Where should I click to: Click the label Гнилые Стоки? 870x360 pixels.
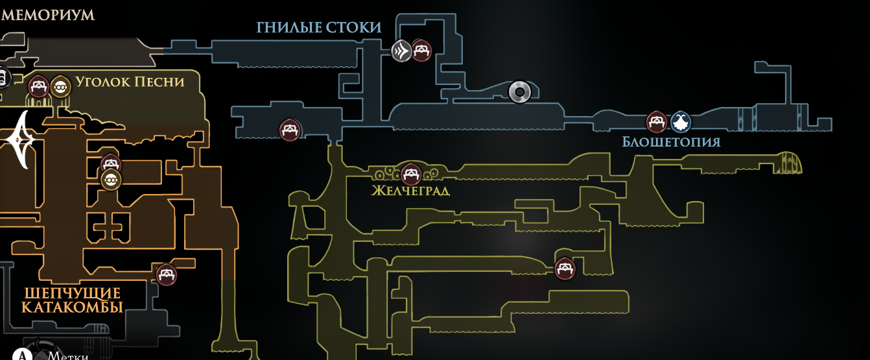tap(318, 27)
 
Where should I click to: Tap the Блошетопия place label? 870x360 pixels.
tap(671, 141)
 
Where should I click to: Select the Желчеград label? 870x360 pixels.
tap(410, 191)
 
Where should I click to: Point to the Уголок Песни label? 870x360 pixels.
tap(130, 82)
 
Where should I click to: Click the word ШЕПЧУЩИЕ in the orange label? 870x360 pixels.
tap(73, 292)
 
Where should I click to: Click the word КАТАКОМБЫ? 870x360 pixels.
tap(73, 307)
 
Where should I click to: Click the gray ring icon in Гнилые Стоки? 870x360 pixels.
tap(519, 92)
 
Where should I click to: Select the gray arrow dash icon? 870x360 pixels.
tap(401, 50)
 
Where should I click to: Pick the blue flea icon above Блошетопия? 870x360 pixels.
tap(680, 121)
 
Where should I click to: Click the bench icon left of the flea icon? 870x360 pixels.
tap(657, 121)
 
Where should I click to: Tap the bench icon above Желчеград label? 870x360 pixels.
tap(411, 174)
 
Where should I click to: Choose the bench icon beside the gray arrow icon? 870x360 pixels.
tap(421, 50)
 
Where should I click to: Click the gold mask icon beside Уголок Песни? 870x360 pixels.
tap(60, 86)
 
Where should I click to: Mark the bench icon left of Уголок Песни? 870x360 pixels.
tap(38, 86)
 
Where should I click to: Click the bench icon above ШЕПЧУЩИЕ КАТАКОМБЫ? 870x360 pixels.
tap(167, 274)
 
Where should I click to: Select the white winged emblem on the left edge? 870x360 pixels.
tap(21, 139)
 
